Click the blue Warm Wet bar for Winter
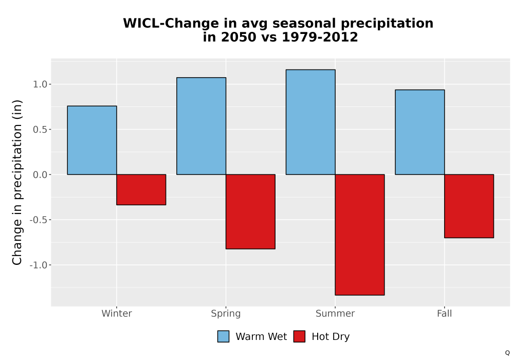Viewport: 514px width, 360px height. (x=92, y=140)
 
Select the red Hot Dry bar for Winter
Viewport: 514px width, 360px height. (x=141, y=189)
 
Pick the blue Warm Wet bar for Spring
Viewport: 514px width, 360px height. (x=201, y=126)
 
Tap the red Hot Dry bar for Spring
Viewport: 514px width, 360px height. (x=250, y=211)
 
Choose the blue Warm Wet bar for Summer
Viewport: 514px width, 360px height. (x=310, y=122)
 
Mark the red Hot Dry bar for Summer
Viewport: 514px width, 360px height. (x=360, y=235)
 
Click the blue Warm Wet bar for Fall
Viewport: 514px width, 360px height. (x=420, y=132)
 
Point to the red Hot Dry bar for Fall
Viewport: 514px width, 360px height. (x=469, y=206)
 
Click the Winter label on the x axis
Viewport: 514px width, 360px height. (x=117, y=313)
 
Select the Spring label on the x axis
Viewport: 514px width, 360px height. (x=226, y=314)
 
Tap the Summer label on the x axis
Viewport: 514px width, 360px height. (x=335, y=313)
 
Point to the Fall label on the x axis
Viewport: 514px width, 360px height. (x=445, y=313)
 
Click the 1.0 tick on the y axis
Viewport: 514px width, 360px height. (x=40, y=84)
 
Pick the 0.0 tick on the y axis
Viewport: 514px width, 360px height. (x=40, y=175)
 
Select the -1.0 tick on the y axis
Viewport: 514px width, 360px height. (x=39, y=265)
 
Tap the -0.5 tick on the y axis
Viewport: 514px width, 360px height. (x=39, y=220)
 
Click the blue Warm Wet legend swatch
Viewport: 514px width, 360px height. (x=223, y=336)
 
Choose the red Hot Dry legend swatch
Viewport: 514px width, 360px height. (x=299, y=336)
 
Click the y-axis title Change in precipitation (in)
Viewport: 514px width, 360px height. (x=17, y=182)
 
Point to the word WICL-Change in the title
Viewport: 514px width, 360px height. (x=171, y=23)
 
